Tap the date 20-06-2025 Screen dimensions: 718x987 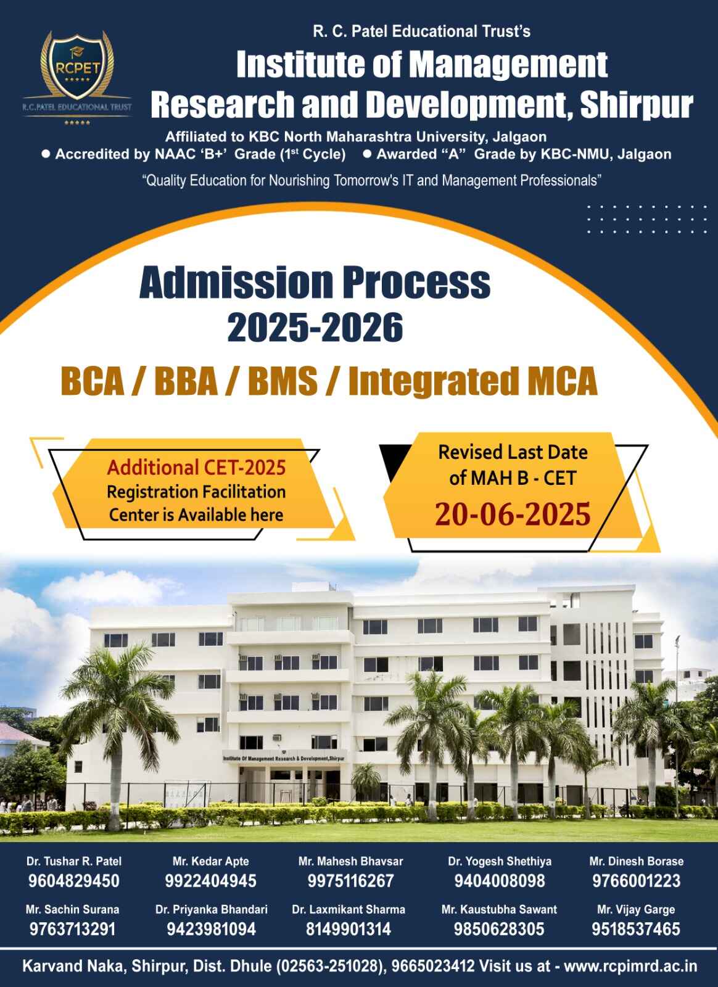click(x=513, y=514)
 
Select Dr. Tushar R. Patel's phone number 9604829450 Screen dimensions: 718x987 click(x=73, y=881)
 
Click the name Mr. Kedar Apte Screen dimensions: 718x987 click(x=210, y=861)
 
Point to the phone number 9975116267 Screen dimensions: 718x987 click(x=350, y=881)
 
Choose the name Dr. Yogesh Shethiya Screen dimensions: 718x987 click(x=500, y=861)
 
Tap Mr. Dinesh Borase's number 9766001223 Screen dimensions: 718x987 click(x=636, y=881)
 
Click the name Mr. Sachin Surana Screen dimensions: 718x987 click(x=72, y=909)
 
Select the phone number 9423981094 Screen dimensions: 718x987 click(x=211, y=929)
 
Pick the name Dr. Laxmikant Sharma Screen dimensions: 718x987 click(x=349, y=909)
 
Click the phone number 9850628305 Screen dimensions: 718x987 click(x=499, y=929)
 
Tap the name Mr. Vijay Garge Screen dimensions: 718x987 click(x=636, y=909)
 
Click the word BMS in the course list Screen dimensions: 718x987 click(x=283, y=381)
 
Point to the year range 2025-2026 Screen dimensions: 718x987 click(x=315, y=327)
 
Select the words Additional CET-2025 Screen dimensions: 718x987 click(x=196, y=468)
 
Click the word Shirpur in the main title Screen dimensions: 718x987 click(x=636, y=105)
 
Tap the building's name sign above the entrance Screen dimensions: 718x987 click(x=284, y=759)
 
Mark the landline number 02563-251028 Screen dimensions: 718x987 click(x=329, y=966)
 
